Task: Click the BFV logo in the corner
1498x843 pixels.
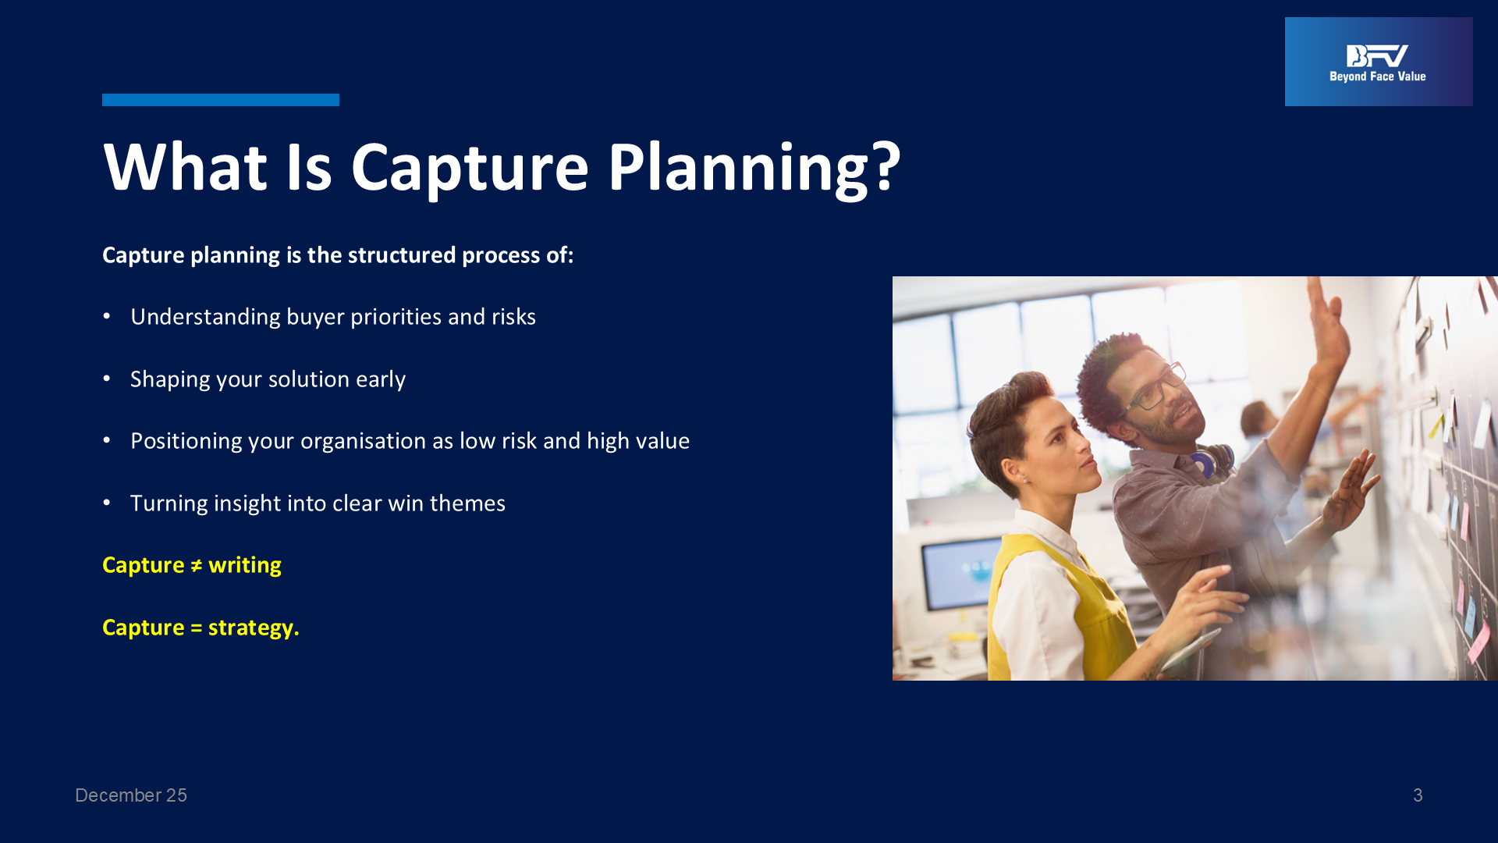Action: click(x=1379, y=62)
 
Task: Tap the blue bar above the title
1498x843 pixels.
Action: click(x=221, y=100)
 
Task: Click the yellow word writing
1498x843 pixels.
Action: click(x=245, y=566)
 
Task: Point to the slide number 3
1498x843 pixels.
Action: click(x=1418, y=795)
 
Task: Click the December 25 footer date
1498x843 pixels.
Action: click(x=131, y=795)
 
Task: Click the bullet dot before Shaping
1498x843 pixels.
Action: click(x=107, y=379)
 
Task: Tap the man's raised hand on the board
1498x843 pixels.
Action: click(x=1331, y=320)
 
